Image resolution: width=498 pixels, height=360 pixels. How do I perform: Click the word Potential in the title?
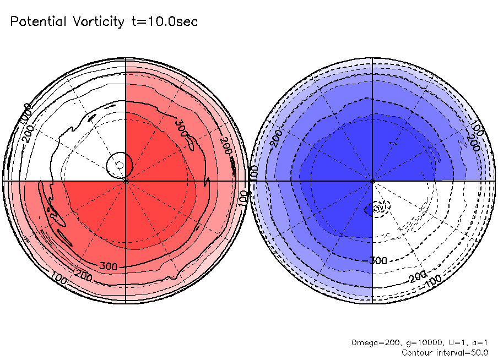pyautogui.click(x=38, y=22)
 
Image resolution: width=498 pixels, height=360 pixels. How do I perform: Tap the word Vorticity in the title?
pyautogui.click(x=98, y=22)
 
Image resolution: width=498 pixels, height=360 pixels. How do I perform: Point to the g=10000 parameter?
pyautogui.click(x=424, y=343)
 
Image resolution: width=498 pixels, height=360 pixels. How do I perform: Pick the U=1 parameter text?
pyautogui.click(x=458, y=343)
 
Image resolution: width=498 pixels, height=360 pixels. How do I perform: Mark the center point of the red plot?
pyautogui.click(x=126, y=180)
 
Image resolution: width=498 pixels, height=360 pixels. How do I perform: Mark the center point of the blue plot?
pyautogui.click(x=373, y=180)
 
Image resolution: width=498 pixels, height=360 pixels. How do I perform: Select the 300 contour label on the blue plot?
pyautogui.click(x=378, y=260)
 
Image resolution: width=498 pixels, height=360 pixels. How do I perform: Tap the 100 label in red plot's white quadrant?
pyautogui.click(x=25, y=113)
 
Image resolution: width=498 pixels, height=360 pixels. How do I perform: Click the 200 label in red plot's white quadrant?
pyautogui.click(x=29, y=129)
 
